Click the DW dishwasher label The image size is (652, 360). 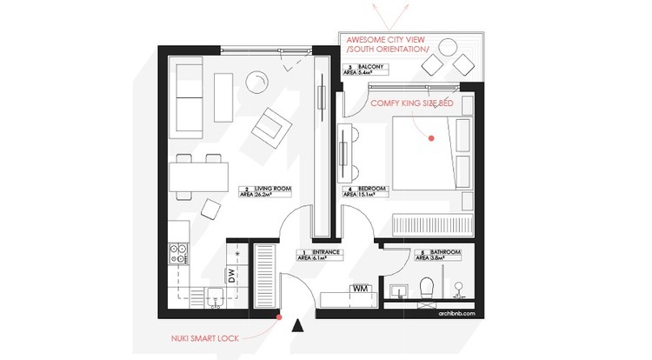232,276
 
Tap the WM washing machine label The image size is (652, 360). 359,288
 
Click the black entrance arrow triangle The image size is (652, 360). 298,326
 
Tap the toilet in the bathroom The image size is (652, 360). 428,288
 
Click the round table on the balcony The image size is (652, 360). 450,48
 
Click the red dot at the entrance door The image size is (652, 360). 278,317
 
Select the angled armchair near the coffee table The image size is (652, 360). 269,129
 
